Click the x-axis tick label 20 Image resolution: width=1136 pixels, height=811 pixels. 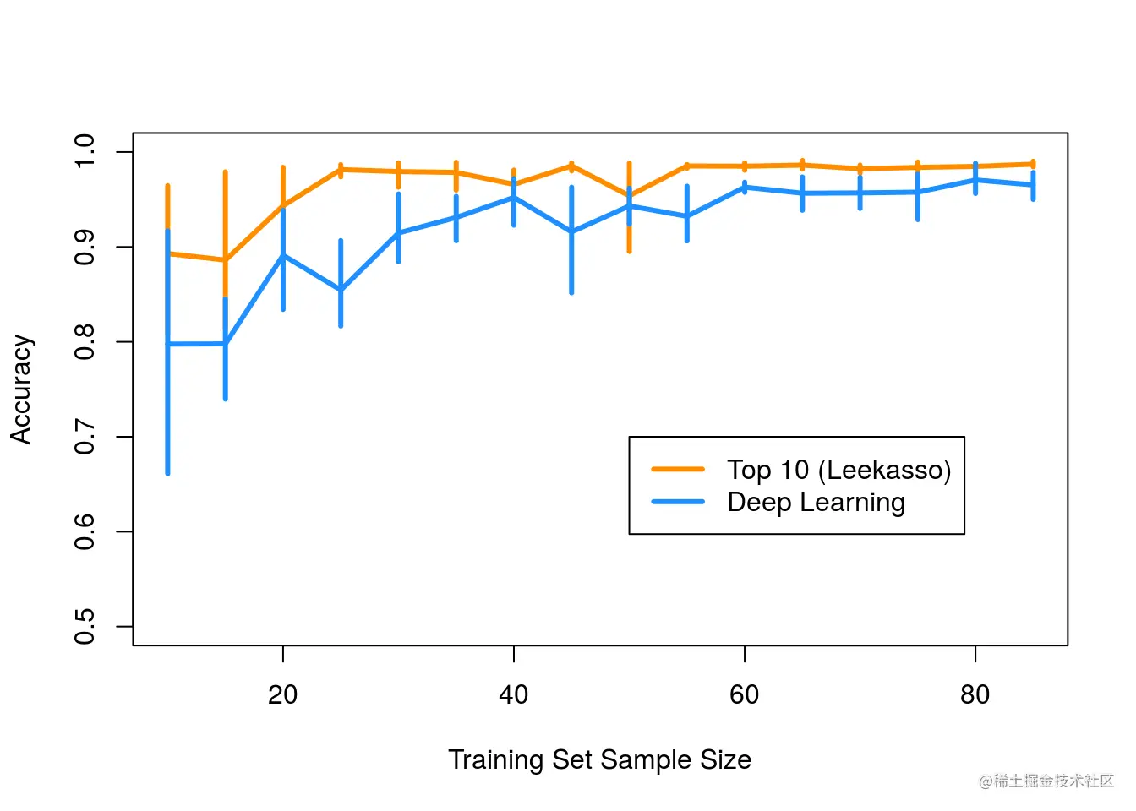coord(282,694)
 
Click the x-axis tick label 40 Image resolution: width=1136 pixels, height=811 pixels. coord(513,694)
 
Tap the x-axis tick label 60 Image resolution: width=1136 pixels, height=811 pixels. coord(744,694)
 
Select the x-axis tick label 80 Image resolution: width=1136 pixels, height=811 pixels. coord(975,694)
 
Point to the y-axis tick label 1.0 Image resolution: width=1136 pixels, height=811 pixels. coord(85,151)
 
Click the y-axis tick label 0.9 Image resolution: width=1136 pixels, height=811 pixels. coord(85,247)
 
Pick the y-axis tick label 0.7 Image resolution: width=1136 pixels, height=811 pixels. coord(85,437)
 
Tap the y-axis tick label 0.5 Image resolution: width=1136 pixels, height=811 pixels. coord(85,627)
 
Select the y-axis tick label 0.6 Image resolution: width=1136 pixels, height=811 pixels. coord(85,531)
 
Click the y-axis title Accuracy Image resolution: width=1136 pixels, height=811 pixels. coord(21,389)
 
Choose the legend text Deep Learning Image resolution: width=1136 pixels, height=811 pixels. coord(816,503)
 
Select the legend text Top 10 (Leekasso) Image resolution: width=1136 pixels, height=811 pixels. coord(838,470)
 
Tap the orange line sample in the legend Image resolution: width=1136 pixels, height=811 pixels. coord(678,469)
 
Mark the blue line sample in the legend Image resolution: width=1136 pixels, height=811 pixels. coord(678,502)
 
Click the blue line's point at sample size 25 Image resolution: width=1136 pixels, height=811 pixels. coord(341,290)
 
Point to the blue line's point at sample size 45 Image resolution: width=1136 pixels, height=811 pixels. coord(571,231)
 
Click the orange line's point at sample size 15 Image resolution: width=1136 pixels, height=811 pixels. coord(225,259)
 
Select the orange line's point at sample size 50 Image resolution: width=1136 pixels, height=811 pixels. coord(629,196)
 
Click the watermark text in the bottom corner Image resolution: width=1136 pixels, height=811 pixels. coord(1046,781)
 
